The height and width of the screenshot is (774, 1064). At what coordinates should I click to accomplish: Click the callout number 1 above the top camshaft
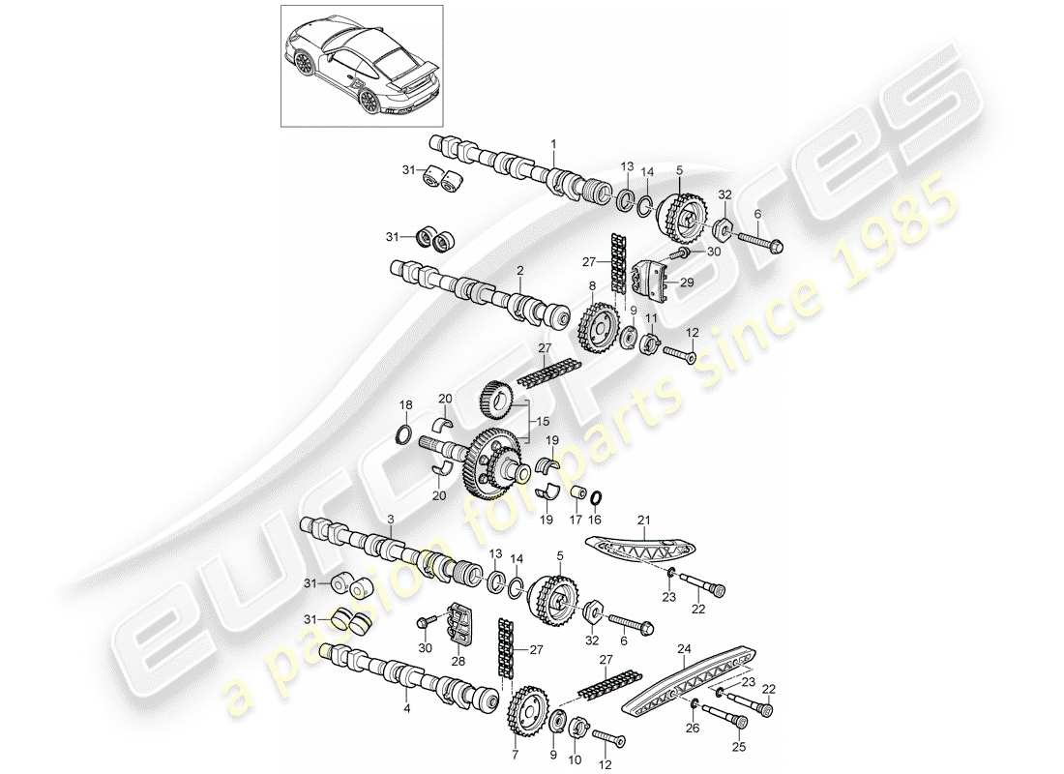tap(553, 144)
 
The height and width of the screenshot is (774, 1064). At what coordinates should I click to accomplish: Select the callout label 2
tap(519, 272)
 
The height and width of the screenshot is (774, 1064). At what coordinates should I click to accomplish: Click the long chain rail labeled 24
tap(687, 682)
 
